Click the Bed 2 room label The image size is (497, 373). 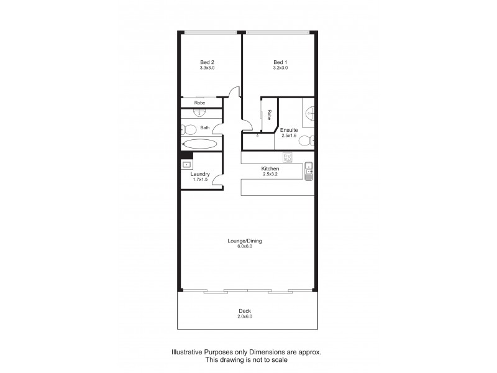207,62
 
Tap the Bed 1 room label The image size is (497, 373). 281,62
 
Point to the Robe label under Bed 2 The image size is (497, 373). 200,103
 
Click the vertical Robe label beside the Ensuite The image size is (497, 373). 269,115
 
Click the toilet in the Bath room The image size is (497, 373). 185,129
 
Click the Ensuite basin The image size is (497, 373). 311,113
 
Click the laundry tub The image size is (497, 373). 186,164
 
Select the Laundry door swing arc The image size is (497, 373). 217,180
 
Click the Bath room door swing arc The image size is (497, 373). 219,127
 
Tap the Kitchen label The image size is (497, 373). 270,169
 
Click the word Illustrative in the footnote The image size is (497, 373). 188,352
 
